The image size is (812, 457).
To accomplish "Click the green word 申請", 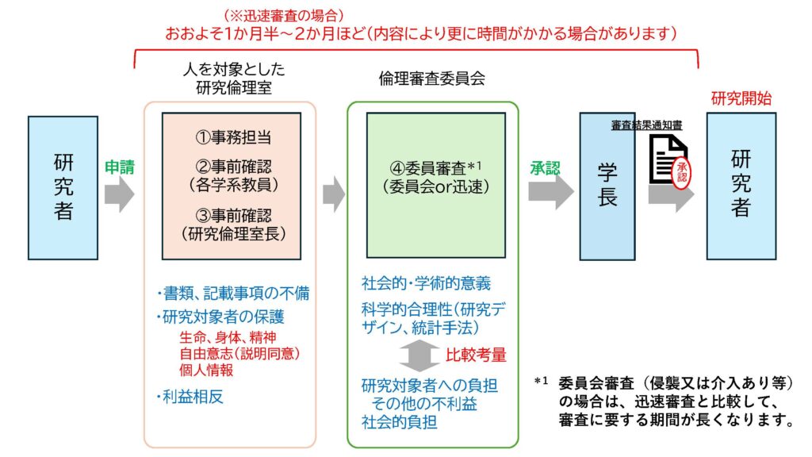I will pyautogui.click(x=120, y=167).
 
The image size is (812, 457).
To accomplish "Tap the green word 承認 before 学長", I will pyautogui.click(x=545, y=168).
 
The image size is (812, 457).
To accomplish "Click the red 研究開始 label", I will pyautogui.click(x=741, y=98).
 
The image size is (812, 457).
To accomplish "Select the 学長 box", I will pyautogui.click(x=607, y=186).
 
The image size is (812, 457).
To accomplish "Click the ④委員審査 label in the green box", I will pyautogui.click(x=435, y=168).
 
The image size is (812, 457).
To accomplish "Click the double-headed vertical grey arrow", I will pyautogui.click(x=419, y=355).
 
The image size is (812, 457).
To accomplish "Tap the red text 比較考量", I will pyautogui.click(x=477, y=354).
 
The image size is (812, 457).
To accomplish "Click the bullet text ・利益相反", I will pyautogui.click(x=190, y=397).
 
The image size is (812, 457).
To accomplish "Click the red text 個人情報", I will pyautogui.click(x=206, y=370).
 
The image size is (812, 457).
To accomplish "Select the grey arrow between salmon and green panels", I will pyautogui.click(x=334, y=194).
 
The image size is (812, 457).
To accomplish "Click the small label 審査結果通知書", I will pyautogui.click(x=647, y=125).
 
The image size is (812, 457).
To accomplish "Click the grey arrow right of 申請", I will pyautogui.click(x=120, y=194).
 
